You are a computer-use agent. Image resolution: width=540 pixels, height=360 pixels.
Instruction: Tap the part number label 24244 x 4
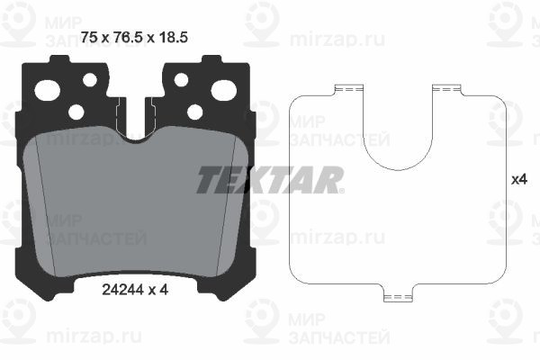tap(132, 290)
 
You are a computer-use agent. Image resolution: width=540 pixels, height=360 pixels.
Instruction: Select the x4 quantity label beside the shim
tap(518, 179)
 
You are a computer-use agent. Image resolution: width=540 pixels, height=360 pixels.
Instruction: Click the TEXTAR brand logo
tap(270, 179)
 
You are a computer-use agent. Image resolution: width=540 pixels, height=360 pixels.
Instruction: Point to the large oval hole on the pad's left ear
tap(46, 89)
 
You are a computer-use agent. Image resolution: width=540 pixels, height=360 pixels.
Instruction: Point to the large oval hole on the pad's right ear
tap(223, 89)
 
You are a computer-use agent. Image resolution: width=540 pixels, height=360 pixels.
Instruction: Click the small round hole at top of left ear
tap(89, 80)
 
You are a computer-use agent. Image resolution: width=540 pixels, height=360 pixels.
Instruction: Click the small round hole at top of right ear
tap(181, 80)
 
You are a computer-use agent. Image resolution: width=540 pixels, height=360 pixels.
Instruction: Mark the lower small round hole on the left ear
tap(76, 112)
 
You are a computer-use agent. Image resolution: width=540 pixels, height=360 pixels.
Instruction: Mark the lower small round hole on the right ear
tap(194, 112)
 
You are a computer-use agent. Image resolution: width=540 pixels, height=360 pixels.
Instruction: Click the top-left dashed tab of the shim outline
tap(346, 87)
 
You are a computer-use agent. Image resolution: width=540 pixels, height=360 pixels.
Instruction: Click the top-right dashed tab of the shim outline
tap(445, 87)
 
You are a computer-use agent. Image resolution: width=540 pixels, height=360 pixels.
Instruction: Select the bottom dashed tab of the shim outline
tap(396, 295)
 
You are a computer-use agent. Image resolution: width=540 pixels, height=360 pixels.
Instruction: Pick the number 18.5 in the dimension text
tap(175, 37)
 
